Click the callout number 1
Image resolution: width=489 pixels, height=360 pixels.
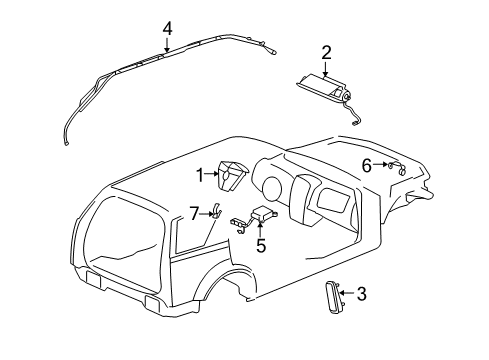point(200,175)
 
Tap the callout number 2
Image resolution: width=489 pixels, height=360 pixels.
point(326,52)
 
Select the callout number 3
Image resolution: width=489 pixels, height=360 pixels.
point(361,294)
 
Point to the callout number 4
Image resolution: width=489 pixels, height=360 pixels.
point(167,29)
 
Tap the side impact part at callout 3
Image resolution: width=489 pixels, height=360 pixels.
point(330,297)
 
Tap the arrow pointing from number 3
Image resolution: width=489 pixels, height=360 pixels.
point(348,294)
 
